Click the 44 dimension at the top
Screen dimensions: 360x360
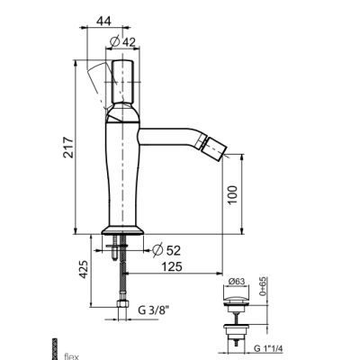[x=103, y=21]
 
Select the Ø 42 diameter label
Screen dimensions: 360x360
[x=122, y=42]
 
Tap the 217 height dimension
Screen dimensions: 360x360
[x=68, y=148]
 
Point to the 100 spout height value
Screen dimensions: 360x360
[x=232, y=194]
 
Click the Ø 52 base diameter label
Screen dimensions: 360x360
[x=166, y=250]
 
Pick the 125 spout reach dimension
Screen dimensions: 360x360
[x=172, y=266]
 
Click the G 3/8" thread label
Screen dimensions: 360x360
[x=154, y=310]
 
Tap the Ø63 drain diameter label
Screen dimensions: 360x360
[x=237, y=282]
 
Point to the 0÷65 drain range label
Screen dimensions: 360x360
[x=263, y=286]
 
